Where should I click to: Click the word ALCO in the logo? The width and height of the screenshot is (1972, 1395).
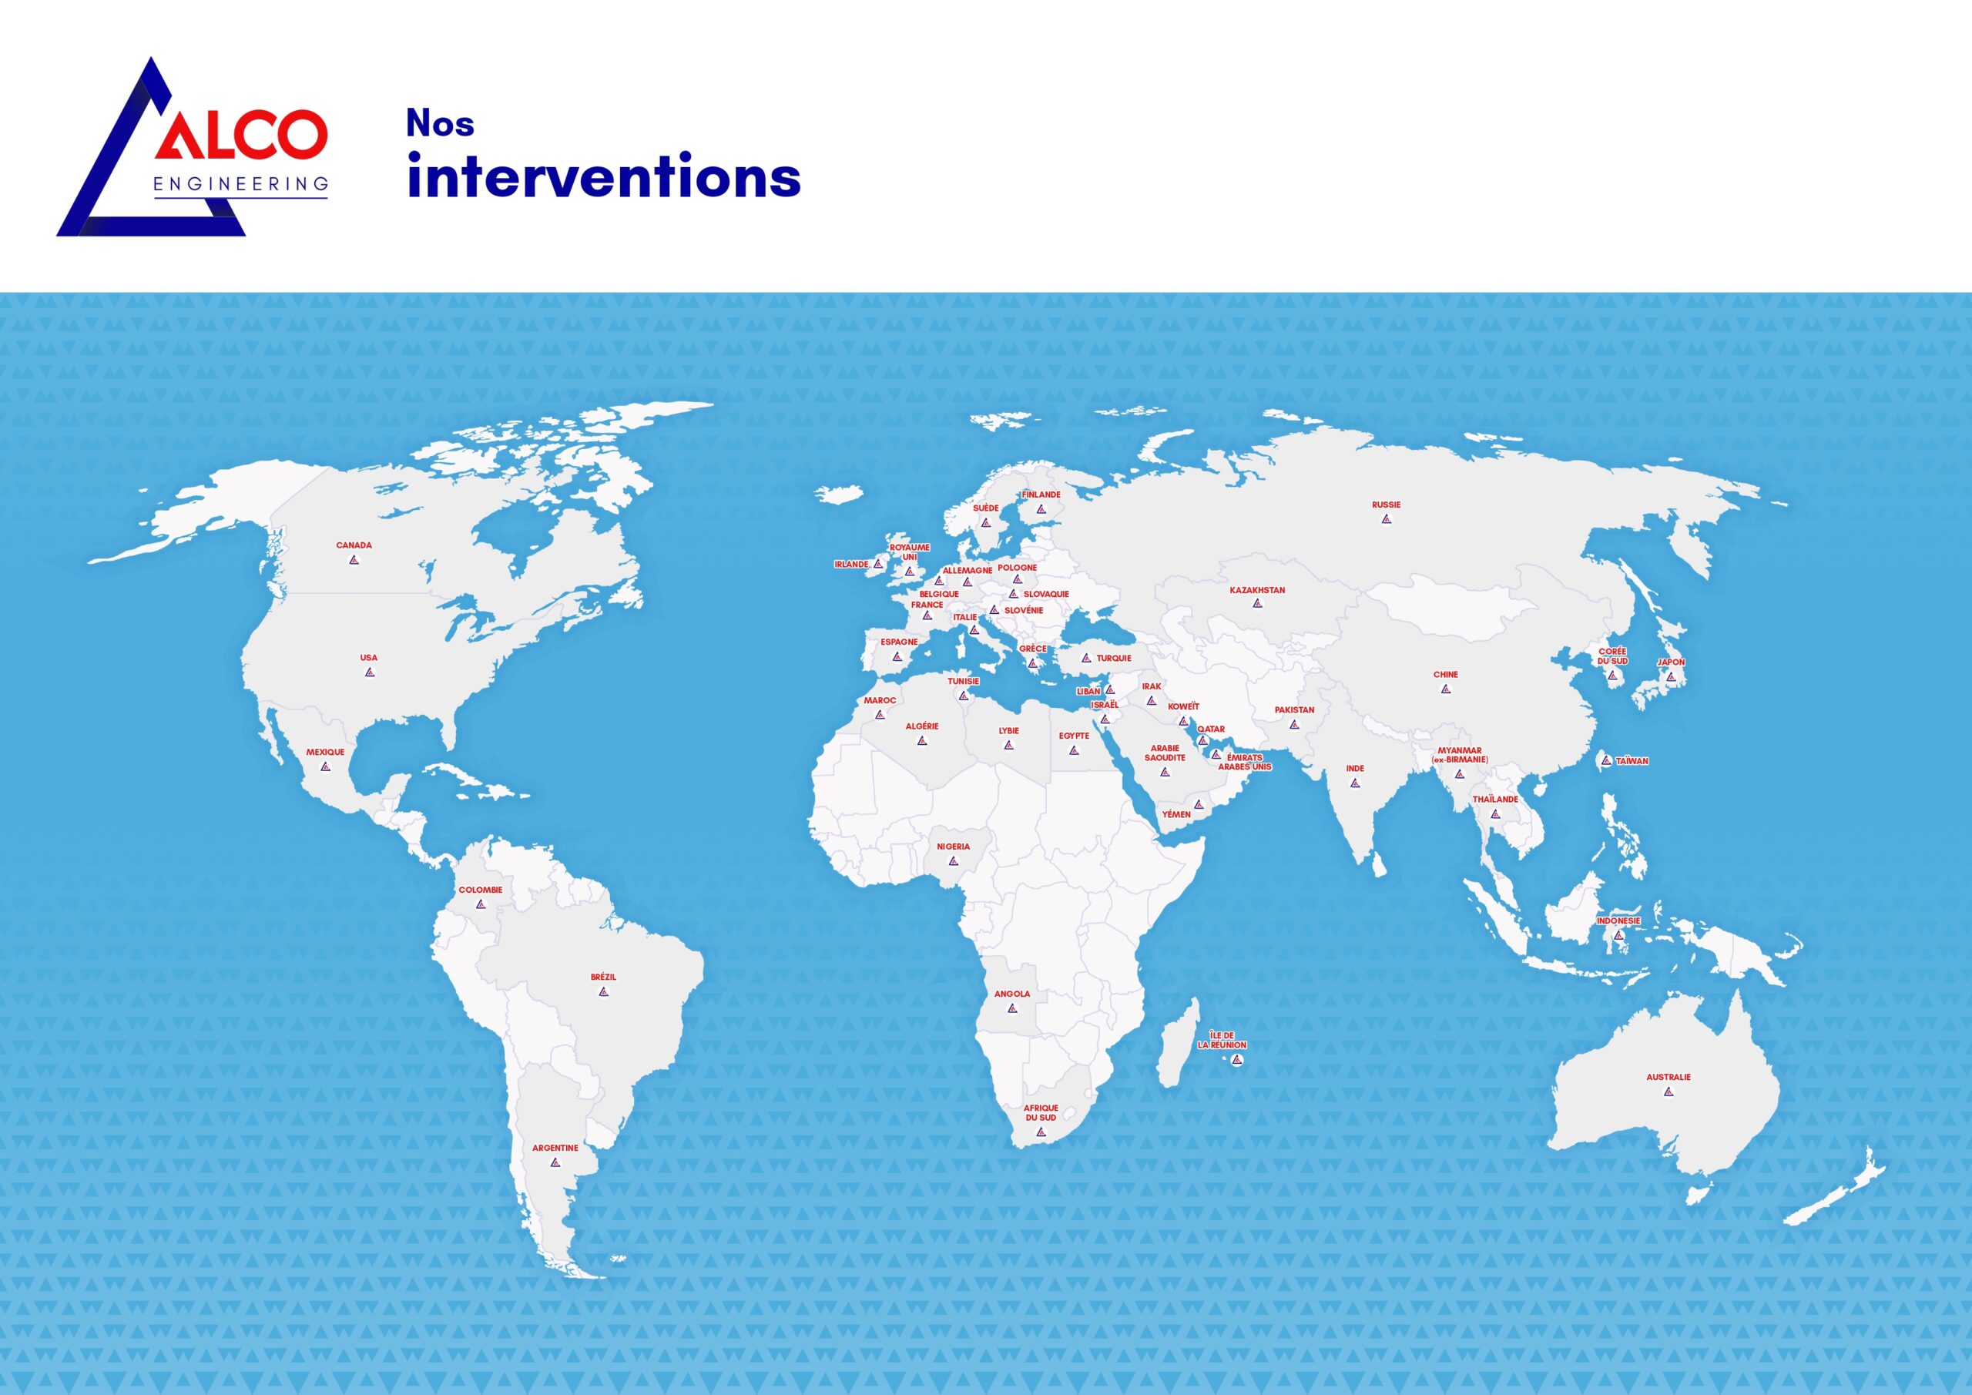[x=241, y=135]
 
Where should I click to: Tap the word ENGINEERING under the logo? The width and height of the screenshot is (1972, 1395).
[x=241, y=184]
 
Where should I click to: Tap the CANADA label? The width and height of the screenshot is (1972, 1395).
[x=354, y=545]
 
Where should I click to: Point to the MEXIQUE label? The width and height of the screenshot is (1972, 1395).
[x=326, y=753]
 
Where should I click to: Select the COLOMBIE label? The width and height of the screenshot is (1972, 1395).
[x=480, y=890]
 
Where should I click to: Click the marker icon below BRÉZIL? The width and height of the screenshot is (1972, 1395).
[x=604, y=991]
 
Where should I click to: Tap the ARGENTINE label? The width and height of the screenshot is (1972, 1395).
[x=555, y=1148]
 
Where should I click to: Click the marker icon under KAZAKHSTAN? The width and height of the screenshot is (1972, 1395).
[x=1257, y=604]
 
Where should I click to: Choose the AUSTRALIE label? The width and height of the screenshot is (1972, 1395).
[x=1668, y=1077]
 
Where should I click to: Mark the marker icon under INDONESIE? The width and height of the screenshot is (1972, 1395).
[x=1619, y=935]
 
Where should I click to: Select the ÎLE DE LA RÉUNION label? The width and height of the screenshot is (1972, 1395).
[x=1222, y=1040]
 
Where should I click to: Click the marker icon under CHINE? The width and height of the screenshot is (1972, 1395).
[x=1446, y=689]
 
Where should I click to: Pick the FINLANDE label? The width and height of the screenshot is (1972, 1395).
[x=1041, y=495]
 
